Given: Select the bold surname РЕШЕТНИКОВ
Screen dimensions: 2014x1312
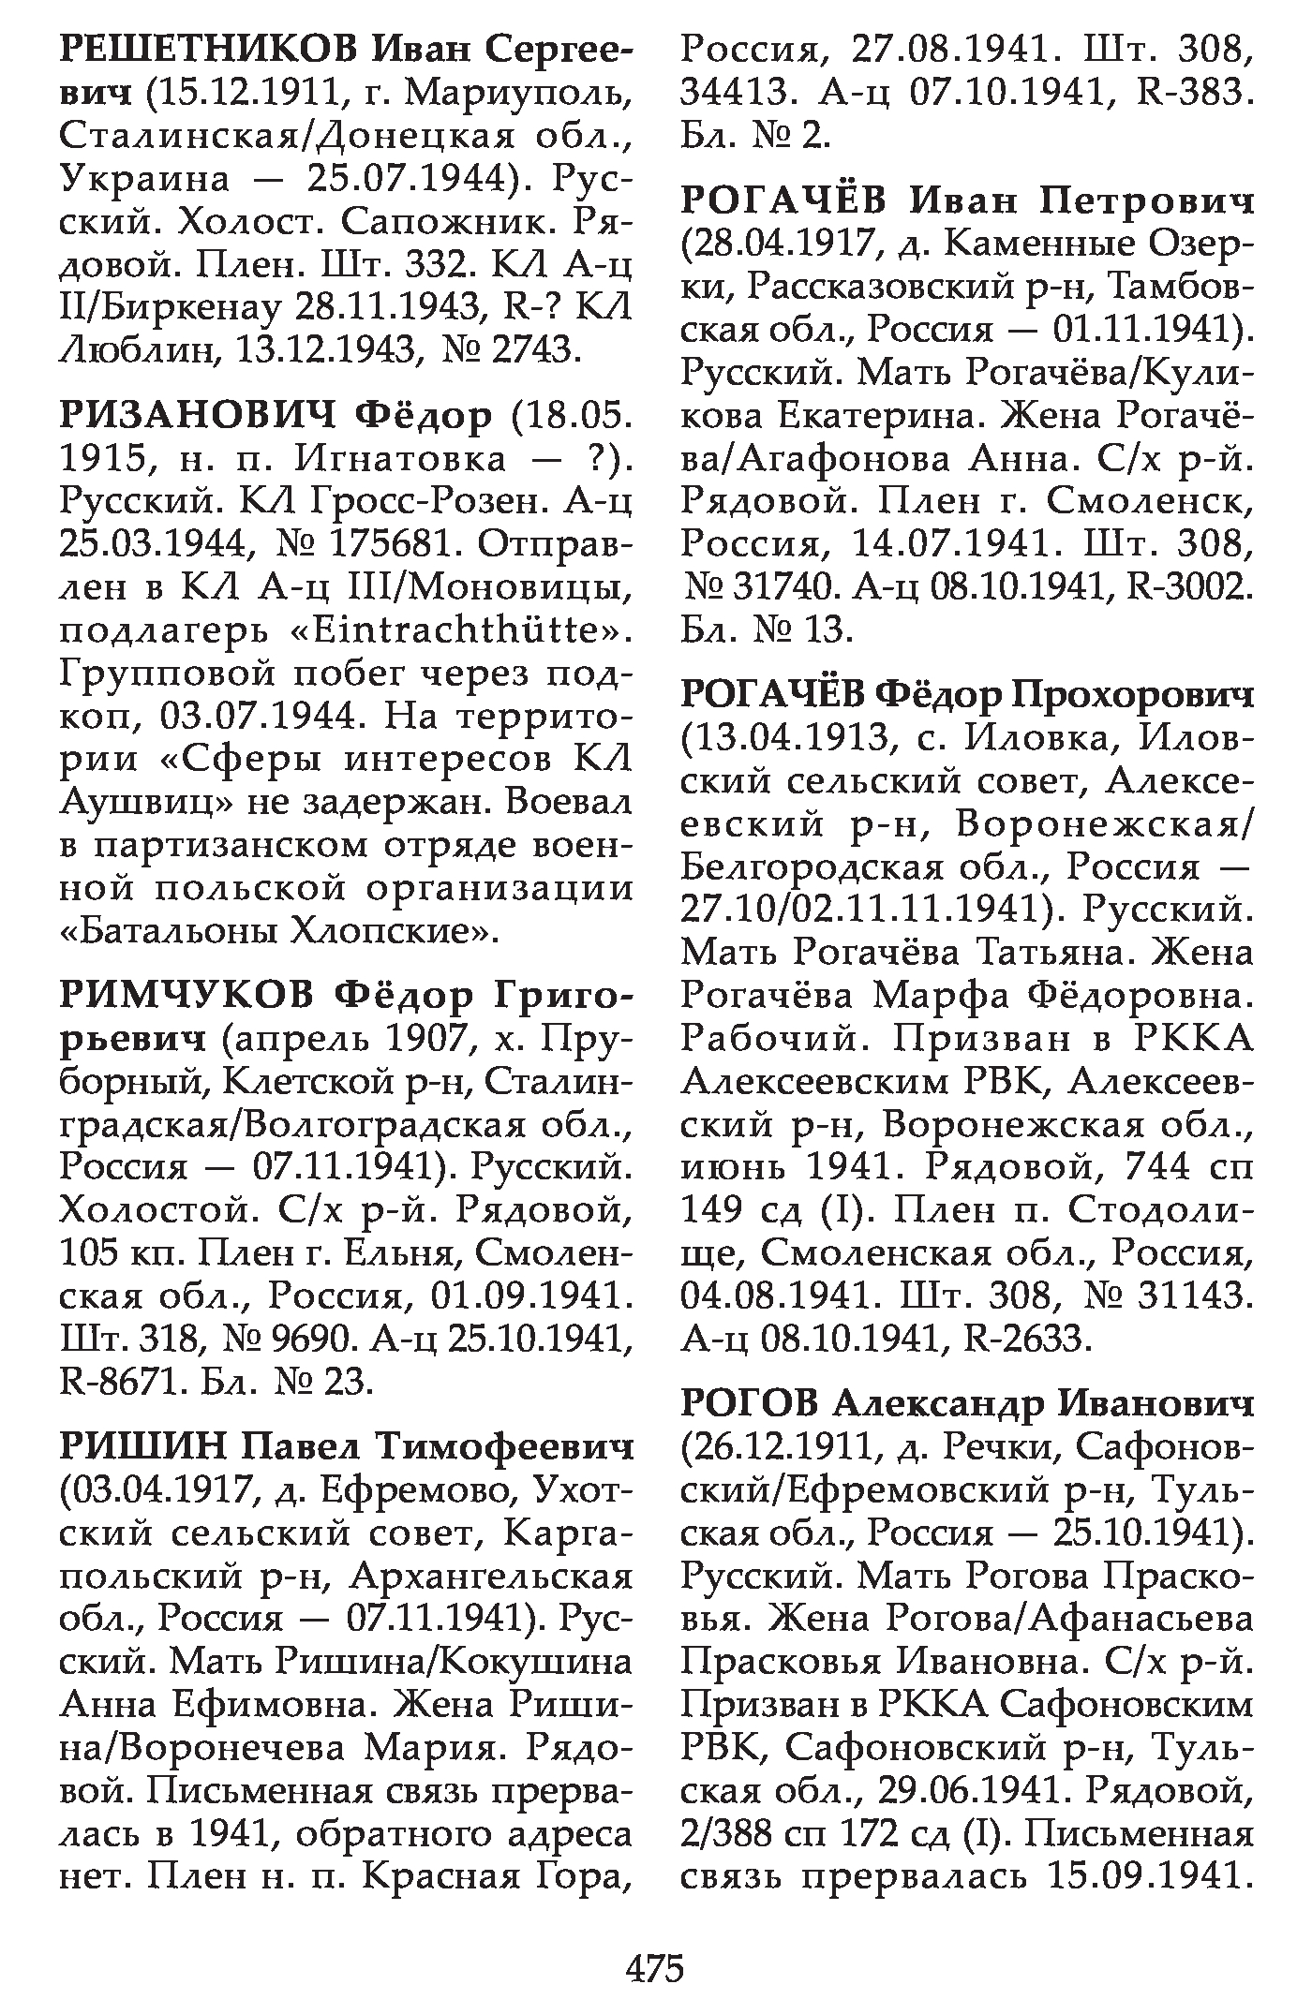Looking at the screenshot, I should point(207,51).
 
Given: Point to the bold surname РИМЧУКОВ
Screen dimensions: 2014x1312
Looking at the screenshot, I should point(186,996).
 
